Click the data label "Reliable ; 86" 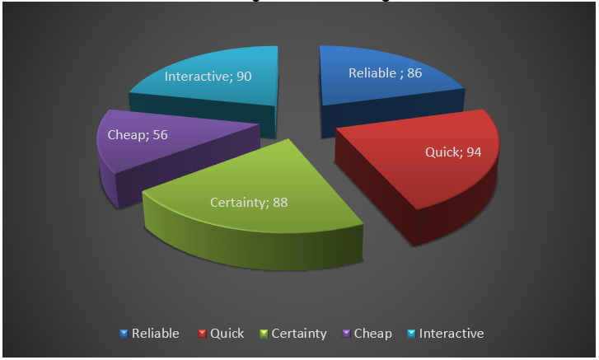[x=386, y=73]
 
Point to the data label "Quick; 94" [x=453, y=152]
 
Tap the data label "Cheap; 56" [x=138, y=134]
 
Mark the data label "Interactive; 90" [x=208, y=77]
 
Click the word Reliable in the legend [x=155, y=334]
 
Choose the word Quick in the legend [x=227, y=334]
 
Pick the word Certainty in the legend [x=298, y=334]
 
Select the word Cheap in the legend [x=374, y=334]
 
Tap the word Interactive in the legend [x=452, y=334]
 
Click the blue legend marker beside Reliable [x=124, y=334]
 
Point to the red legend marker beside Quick [x=202, y=334]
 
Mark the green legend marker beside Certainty [x=264, y=334]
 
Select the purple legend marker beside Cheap [x=346, y=334]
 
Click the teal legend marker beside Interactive [x=412, y=334]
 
